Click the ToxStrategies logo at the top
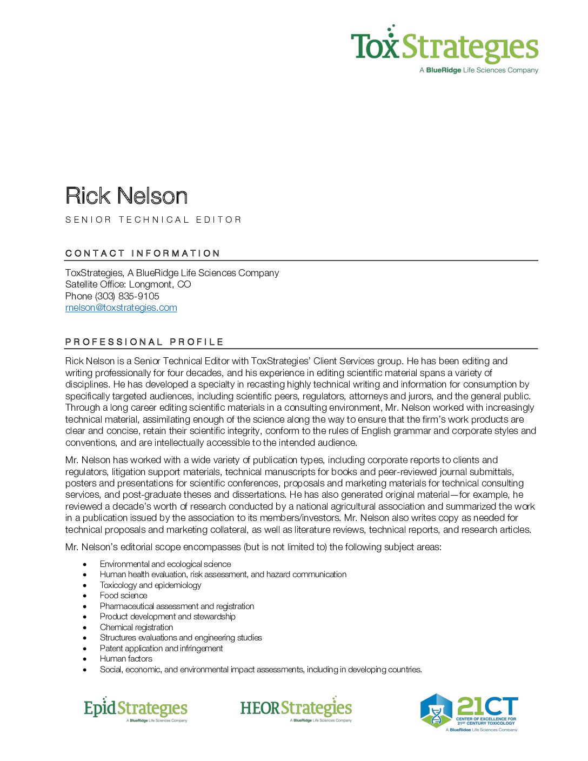pyautogui.click(x=444, y=49)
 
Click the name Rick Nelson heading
pyautogui.click(x=126, y=196)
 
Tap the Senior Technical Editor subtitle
pyautogui.click(x=153, y=219)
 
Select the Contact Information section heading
pyautogui.click(x=143, y=253)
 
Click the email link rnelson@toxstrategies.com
pyautogui.click(x=121, y=308)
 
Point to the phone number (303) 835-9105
pyautogui.click(x=127, y=296)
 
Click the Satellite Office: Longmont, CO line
pyautogui.click(x=128, y=284)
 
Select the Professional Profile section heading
pyautogui.click(x=144, y=342)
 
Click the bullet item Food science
pyautogui.click(x=123, y=596)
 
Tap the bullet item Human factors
pyautogui.click(x=126, y=659)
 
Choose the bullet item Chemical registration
pyautogui.click(x=136, y=628)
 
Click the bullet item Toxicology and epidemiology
pyautogui.click(x=150, y=585)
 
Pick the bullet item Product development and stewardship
pyautogui.click(x=168, y=617)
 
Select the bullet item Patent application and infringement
pyautogui.click(x=161, y=649)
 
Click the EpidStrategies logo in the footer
pyautogui.click(x=136, y=709)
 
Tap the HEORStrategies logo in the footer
pyautogui.click(x=296, y=709)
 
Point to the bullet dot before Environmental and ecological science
pyautogui.click(x=85, y=564)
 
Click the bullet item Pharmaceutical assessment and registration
pyautogui.click(x=177, y=606)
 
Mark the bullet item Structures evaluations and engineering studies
pyautogui.click(x=181, y=638)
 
